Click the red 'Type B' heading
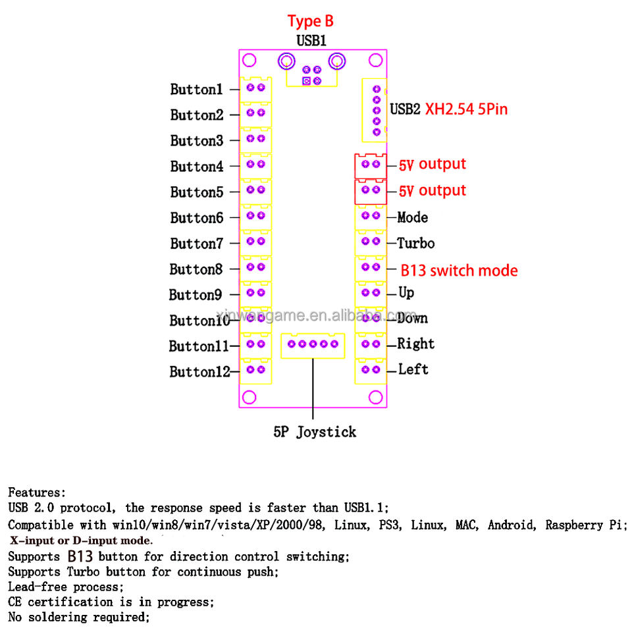[x=310, y=22]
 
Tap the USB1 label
[x=311, y=41]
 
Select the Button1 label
[x=196, y=89]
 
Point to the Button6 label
[x=196, y=218]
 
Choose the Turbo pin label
[x=416, y=244]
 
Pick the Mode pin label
[x=413, y=217]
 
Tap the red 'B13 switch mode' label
[x=460, y=271]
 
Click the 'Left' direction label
[x=413, y=369]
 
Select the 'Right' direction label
[x=416, y=344]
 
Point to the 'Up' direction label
[x=407, y=292]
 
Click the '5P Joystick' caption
[x=315, y=432]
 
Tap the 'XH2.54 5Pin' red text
[x=466, y=109]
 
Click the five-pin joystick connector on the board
[x=313, y=344]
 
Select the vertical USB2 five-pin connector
[x=376, y=110]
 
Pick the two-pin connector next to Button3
[x=255, y=139]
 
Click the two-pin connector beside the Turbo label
[x=370, y=242]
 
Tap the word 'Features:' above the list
[x=37, y=492]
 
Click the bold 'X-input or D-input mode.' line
[x=81, y=540]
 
